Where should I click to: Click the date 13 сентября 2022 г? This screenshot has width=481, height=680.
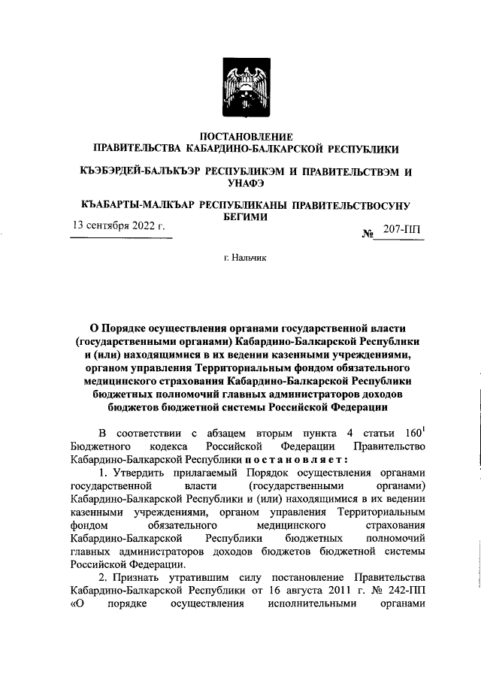coord(119,225)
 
